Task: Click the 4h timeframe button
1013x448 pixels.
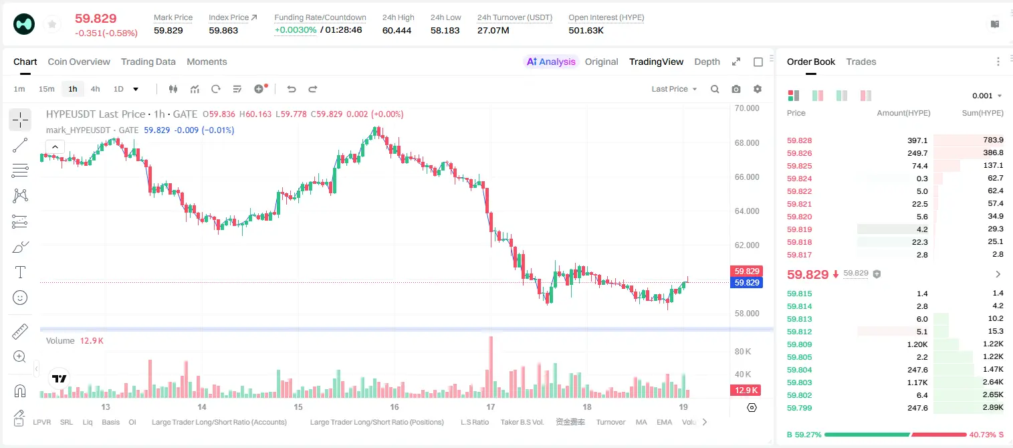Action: point(95,89)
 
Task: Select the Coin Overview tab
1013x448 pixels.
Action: point(79,62)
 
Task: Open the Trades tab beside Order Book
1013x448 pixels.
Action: point(861,62)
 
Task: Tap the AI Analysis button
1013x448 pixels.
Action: point(551,62)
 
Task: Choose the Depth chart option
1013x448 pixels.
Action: point(707,62)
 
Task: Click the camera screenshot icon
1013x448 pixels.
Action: point(736,89)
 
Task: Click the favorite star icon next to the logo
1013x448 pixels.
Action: point(52,24)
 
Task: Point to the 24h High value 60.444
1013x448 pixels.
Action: point(397,30)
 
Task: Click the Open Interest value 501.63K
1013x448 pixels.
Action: point(586,30)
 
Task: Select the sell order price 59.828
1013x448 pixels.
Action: point(799,140)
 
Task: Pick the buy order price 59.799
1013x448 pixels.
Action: point(799,408)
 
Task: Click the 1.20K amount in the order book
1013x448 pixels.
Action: point(917,344)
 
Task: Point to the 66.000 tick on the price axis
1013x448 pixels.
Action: point(747,177)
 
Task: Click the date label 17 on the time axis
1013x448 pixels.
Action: point(491,407)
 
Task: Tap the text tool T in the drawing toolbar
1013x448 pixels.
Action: point(20,272)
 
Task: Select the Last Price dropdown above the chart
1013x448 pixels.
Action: point(674,89)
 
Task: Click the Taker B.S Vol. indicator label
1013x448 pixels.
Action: point(522,422)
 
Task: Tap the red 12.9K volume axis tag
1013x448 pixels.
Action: point(746,390)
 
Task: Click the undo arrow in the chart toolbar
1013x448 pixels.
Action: point(292,89)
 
